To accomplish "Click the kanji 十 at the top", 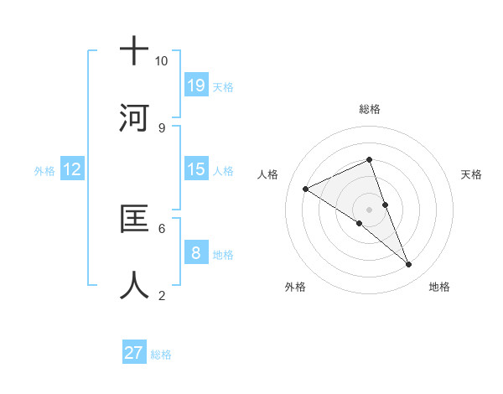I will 134,51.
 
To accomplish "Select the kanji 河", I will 134,117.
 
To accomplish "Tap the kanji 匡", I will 134,219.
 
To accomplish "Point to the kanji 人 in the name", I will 134,284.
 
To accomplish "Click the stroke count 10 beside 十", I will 161,61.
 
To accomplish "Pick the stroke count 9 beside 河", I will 161,127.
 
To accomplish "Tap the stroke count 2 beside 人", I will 161,294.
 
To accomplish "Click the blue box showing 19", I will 196,85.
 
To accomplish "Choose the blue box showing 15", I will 196,169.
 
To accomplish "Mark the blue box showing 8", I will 196,253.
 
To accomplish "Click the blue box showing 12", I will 72,170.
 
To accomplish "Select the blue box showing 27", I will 134,353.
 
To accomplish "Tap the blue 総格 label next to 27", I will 161,355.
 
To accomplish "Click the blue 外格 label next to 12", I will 44,171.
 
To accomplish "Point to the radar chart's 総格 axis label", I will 370,109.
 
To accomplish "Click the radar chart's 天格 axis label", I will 472,174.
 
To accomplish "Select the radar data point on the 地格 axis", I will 409,265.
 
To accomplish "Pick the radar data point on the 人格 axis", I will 306,189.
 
